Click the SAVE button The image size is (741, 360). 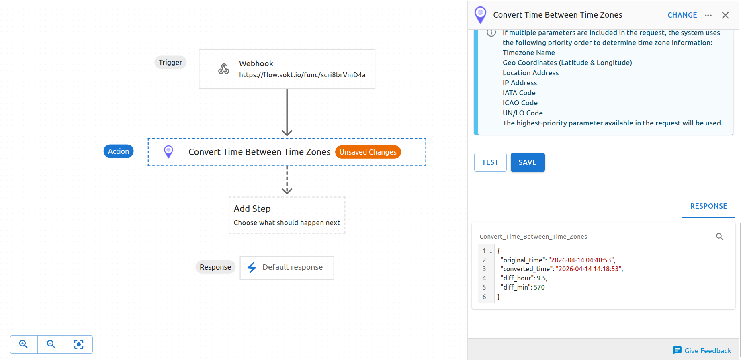pos(527,162)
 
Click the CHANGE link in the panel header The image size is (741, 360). pos(682,15)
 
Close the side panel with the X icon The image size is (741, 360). pos(725,15)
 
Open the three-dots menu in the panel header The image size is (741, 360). pos(708,15)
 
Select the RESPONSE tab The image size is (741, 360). pos(708,206)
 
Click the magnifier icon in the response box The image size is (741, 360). pos(719,237)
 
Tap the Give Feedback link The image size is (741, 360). pos(702,351)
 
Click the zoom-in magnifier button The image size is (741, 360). pos(24,344)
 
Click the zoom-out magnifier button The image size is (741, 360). pos(51,344)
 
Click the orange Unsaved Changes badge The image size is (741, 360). pos(368,152)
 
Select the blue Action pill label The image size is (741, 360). pos(119,151)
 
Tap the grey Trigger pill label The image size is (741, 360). pos(170,62)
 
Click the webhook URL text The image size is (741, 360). pos(302,75)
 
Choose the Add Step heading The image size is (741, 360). pos(252,209)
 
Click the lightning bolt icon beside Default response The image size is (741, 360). pos(252,268)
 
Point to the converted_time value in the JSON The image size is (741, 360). pos(589,269)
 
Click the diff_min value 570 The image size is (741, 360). pos(539,287)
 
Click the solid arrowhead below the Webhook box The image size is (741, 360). pos(287,132)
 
